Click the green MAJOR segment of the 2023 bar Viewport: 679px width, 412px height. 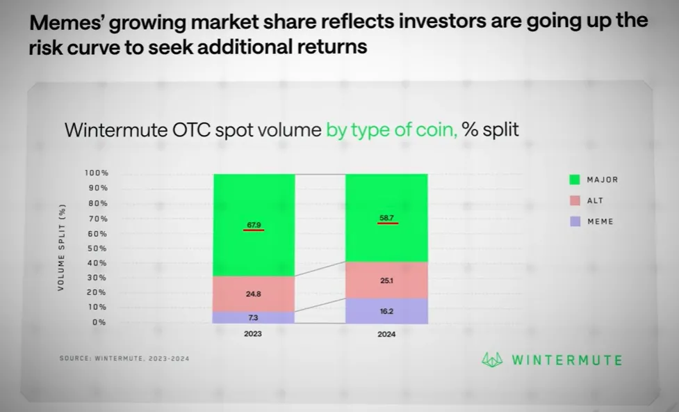coord(254,225)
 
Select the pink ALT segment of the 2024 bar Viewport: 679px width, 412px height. coord(386,280)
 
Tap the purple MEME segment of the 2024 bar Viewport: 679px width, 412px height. coord(386,311)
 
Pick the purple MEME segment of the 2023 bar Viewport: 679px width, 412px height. coord(254,317)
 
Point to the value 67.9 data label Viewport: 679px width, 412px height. coord(254,225)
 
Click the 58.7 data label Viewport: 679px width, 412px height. coord(386,218)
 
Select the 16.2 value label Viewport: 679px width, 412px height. coord(386,311)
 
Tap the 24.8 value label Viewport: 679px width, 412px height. coord(254,294)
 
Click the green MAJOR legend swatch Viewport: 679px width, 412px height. coord(575,180)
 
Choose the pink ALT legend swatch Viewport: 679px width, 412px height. coord(575,200)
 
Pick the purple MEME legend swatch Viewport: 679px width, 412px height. coord(575,221)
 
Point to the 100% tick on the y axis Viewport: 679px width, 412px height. coord(97,173)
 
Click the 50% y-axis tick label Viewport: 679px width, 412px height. coord(97,248)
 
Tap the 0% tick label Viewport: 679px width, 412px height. coord(99,322)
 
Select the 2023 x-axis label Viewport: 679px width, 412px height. coord(253,334)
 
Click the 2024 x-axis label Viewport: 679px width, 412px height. coord(386,334)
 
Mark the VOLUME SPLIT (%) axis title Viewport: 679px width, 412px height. coord(61,247)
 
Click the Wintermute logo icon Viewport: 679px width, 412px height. coord(492,360)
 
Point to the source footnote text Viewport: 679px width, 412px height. coord(124,358)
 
